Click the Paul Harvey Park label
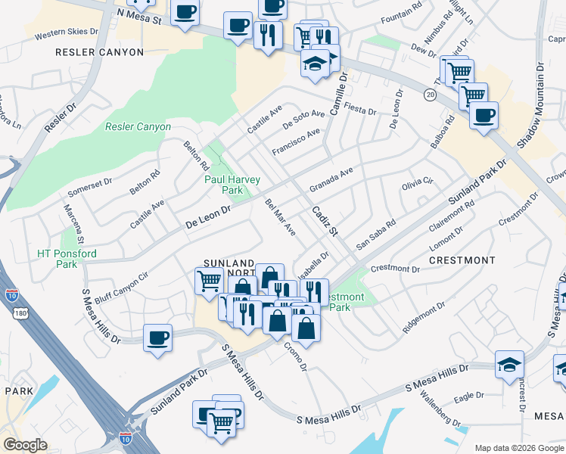pos(232,185)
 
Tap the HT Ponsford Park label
pos(67,259)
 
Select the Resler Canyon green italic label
pos(138,126)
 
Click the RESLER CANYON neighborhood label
pos(99,52)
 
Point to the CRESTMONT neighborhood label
pos(462,260)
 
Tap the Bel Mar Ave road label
pos(280,217)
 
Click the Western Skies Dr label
pos(67,33)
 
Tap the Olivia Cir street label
pos(416,183)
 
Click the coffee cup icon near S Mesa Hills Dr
pos(157,337)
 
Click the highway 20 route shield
pos(430,95)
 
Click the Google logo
pos(24,446)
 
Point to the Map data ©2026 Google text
pos(518,448)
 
